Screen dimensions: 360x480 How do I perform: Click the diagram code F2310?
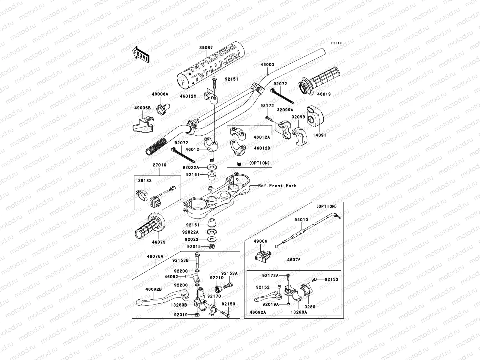[337, 43]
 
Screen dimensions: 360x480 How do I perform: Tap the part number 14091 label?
[320, 135]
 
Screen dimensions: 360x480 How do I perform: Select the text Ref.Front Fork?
[277, 186]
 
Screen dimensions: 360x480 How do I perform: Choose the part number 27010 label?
[160, 165]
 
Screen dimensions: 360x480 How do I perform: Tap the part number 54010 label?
[301, 220]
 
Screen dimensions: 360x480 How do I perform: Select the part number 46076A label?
[155, 256]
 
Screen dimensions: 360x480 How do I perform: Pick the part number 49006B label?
[142, 107]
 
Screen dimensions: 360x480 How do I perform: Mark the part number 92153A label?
[229, 273]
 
